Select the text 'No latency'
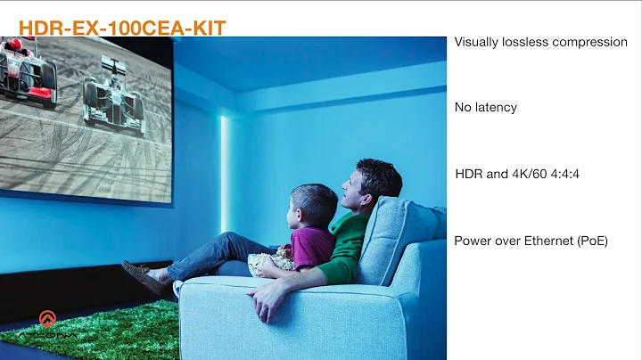(x=485, y=107)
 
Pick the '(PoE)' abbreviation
(x=591, y=240)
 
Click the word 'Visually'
(x=477, y=42)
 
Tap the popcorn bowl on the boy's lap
(x=271, y=261)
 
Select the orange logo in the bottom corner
(x=47, y=319)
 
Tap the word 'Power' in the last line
(x=473, y=240)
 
